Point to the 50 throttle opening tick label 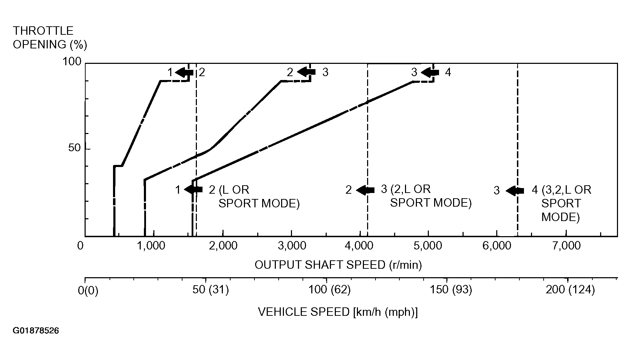pyautogui.click(x=74, y=148)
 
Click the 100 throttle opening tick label pyautogui.click(x=72, y=62)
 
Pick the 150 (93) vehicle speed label pyautogui.click(x=451, y=290)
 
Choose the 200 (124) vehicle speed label pyautogui.click(x=570, y=290)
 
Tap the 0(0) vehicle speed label pyautogui.click(x=88, y=291)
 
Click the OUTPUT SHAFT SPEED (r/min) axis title pyautogui.click(x=338, y=265)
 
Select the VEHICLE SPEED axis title pyautogui.click(x=338, y=312)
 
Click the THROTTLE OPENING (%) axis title pyautogui.click(x=50, y=38)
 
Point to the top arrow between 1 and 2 pyautogui.click(x=184, y=73)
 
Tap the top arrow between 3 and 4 pyautogui.click(x=430, y=73)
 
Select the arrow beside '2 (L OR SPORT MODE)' pyautogui.click(x=193, y=189)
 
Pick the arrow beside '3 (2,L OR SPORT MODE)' pyautogui.click(x=365, y=190)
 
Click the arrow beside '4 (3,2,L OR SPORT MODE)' pyautogui.click(x=515, y=191)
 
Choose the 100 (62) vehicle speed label pyautogui.click(x=329, y=290)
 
